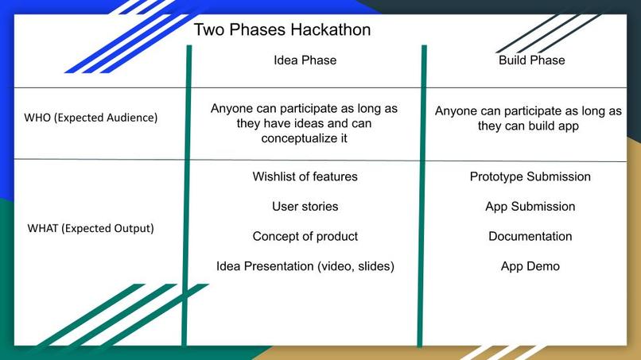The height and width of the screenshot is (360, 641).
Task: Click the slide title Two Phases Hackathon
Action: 282,30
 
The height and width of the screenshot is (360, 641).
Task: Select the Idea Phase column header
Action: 305,60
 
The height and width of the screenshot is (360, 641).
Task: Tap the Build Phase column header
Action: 530,60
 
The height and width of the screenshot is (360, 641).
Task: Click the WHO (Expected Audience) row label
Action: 91,118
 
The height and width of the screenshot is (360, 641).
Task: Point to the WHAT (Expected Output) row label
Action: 91,228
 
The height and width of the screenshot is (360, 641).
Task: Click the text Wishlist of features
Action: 305,176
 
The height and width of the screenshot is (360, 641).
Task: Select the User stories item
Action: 305,207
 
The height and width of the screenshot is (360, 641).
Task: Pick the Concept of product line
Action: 305,236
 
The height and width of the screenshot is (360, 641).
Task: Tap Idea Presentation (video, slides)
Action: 305,266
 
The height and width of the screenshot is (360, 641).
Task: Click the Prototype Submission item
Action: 530,176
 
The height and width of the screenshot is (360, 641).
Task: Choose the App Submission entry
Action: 530,207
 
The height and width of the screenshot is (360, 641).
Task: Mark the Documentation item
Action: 530,236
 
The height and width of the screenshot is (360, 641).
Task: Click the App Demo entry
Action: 530,266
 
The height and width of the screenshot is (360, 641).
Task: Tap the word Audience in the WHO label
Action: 130,118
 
